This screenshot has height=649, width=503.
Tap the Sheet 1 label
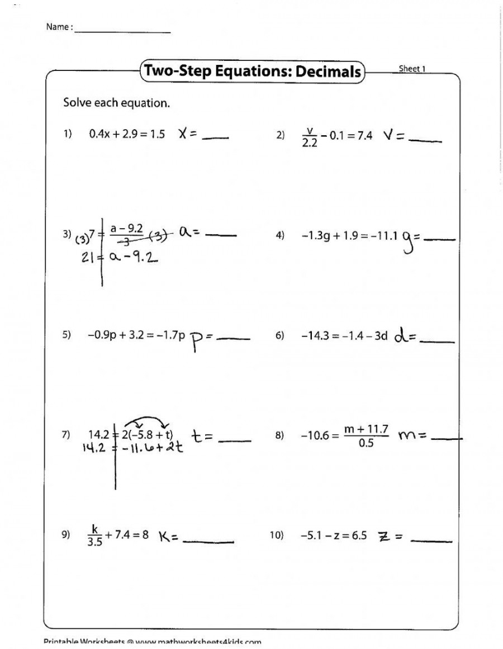[x=412, y=69]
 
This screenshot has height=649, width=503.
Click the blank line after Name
[x=122, y=31]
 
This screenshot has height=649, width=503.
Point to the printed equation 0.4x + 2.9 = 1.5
[x=126, y=135]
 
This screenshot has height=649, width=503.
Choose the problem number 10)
[x=278, y=535]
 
